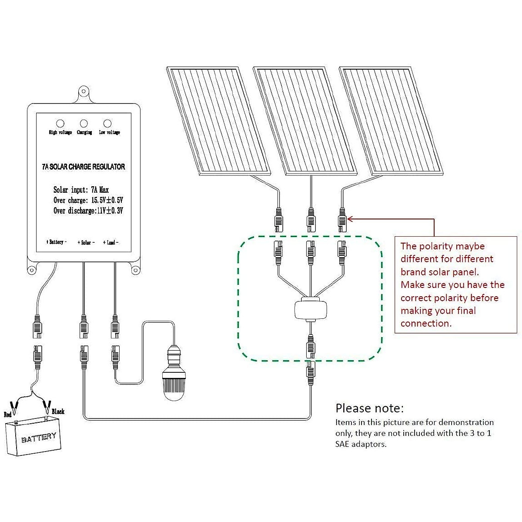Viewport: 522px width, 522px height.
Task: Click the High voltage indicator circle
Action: [60, 124]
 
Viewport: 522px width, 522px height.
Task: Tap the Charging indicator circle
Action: [84, 124]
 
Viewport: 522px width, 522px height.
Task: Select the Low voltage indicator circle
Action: [107, 124]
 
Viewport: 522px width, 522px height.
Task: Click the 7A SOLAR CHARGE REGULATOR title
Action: [84, 167]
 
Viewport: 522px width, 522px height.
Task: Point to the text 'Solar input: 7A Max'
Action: [81, 190]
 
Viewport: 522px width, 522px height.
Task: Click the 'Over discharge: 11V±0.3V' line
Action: [88, 211]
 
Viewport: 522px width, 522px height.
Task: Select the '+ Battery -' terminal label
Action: [57, 242]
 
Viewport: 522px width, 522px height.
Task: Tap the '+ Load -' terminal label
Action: [110, 242]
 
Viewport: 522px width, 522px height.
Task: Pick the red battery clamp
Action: [15, 407]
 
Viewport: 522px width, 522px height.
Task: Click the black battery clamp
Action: [47, 407]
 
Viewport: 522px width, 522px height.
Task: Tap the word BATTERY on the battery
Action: [39, 438]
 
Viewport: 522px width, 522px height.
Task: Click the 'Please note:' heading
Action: [369, 408]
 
